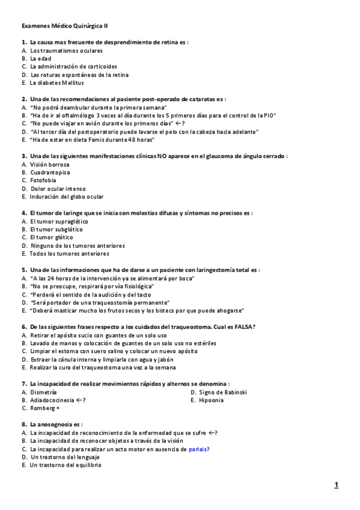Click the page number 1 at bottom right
337,485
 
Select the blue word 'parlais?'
199,449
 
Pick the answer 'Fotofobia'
43,180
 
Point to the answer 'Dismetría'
43,392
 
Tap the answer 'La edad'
41,58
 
